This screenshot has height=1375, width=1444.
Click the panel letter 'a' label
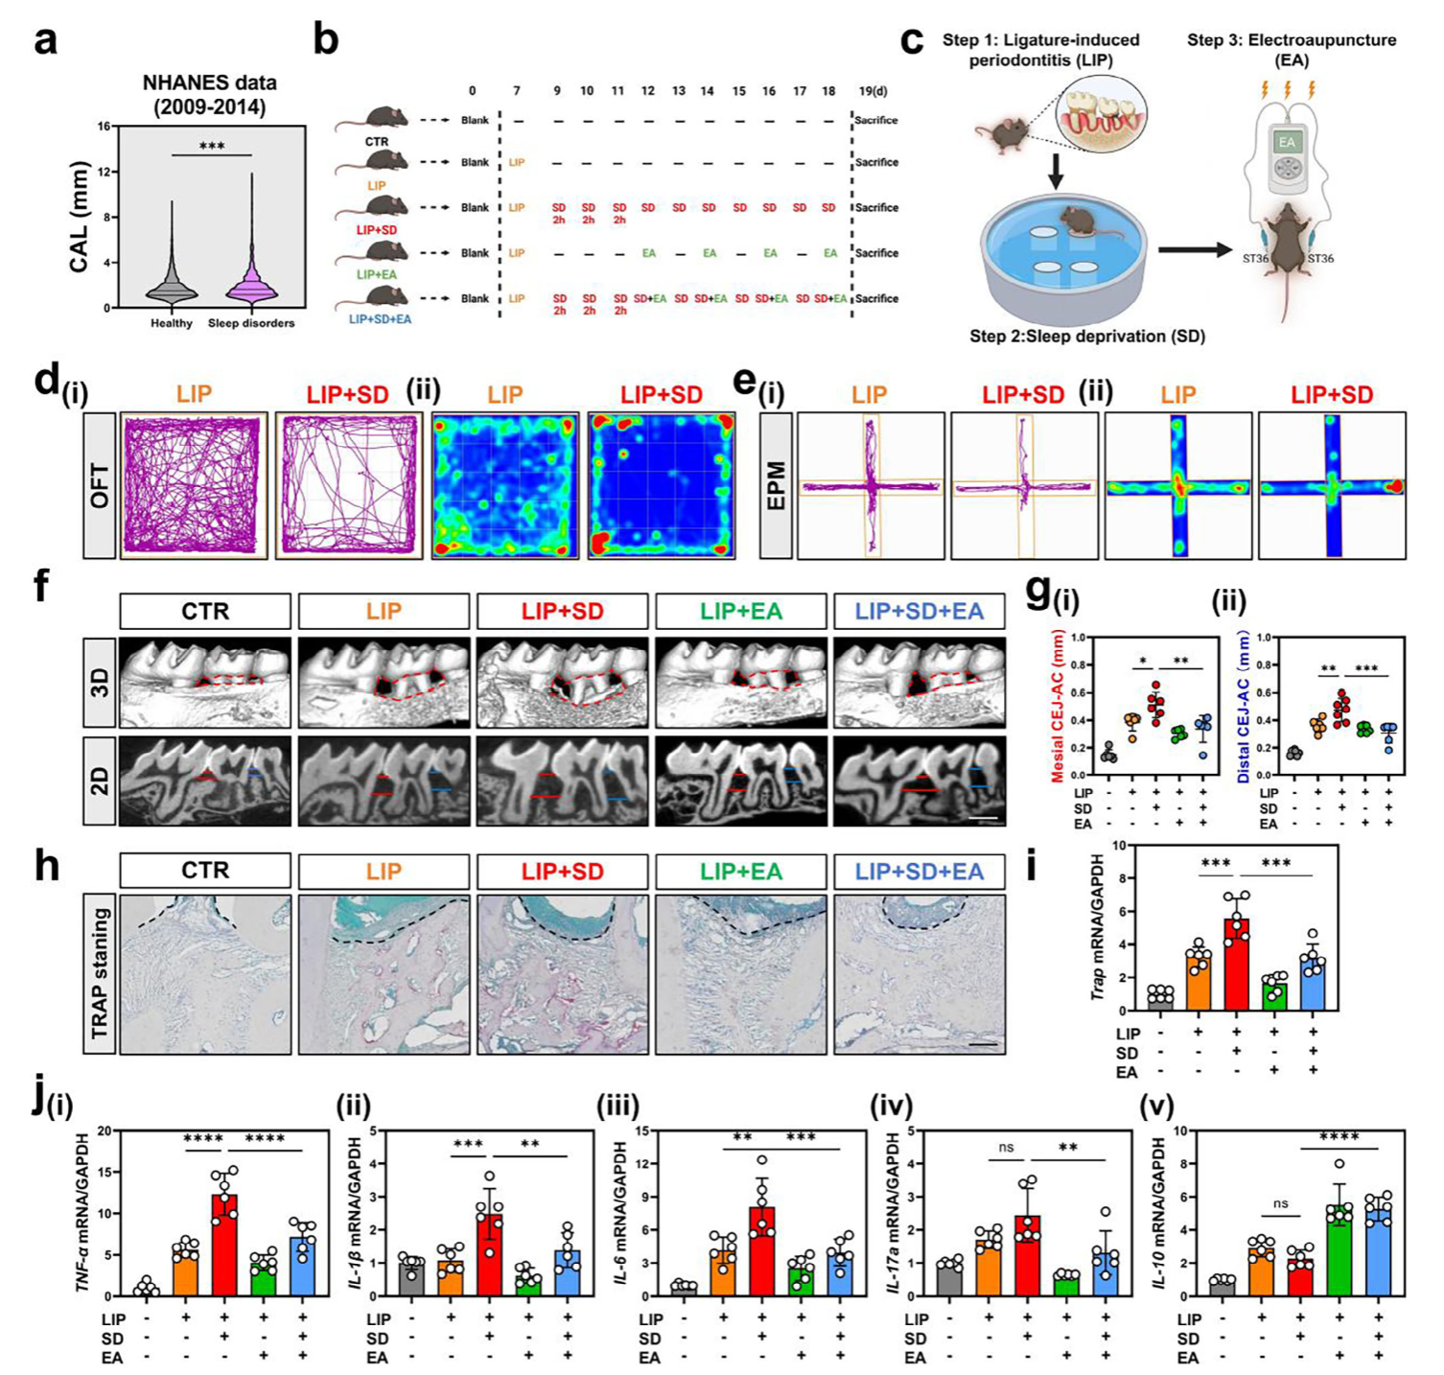coord(45,43)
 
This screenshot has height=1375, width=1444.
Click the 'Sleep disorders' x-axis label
coord(251,323)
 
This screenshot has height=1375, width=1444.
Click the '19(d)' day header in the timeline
coord(873,91)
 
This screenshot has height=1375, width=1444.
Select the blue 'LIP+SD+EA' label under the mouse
coord(380,319)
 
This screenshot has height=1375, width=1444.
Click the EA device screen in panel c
coord(1287,143)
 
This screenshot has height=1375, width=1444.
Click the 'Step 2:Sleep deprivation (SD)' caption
coord(1087,337)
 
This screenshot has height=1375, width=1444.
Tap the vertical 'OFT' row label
coord(100,485)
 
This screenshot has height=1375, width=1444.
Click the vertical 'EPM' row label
coord(776,485)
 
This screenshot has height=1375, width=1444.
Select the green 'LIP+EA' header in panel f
coord(740,611)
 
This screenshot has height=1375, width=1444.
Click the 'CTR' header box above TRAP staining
coord(205,871)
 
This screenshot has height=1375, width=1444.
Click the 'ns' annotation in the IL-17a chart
coord(1006,1147)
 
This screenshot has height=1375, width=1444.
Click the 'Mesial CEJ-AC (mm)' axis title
coord(1058,710)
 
